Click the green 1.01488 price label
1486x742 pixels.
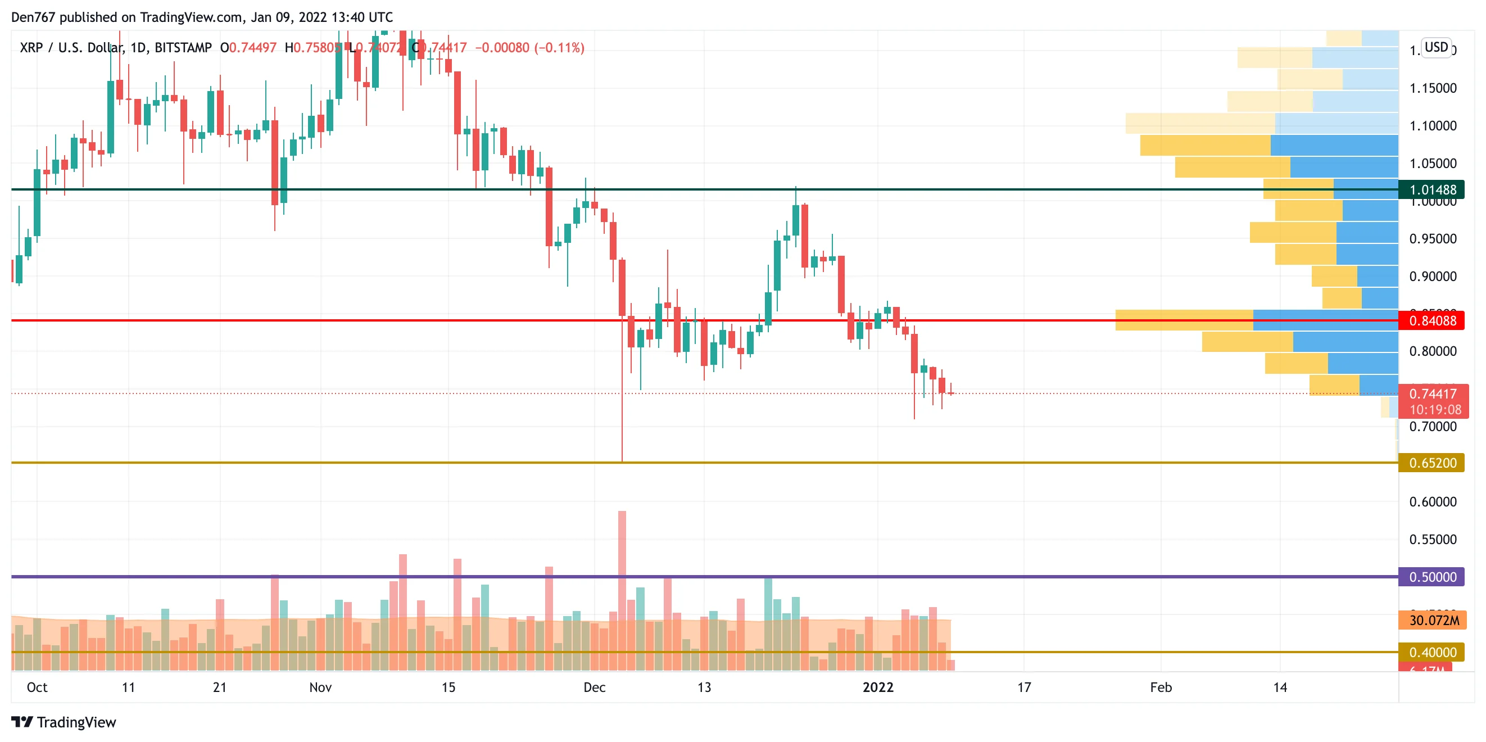(x=1432, y=190)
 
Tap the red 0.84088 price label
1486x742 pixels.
(x=1432, y=321)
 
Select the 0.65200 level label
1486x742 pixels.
(x=1432, y=463)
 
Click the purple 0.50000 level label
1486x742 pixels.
(x=1432, y=577)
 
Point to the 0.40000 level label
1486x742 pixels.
(x=1432, y=653)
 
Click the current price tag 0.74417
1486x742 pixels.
(x=1433, y=394)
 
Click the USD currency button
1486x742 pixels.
(x=1436, y=47)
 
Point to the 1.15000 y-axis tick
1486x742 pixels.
(x=1433, y=88)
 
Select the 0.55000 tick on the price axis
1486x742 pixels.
(x=1433, y=540)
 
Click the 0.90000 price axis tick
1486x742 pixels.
(x=1433, y=277)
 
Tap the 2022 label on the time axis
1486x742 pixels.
(x=877, y=687)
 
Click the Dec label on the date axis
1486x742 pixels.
(x=594, y=687)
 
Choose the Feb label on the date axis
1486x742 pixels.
(x=1161, y=687)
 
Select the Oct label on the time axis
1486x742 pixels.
(x=37, y=687)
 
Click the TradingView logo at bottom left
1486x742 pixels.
(x=64, y=722)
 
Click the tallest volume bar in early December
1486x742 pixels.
(x=622, y=589)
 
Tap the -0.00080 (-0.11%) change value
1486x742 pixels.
(x=529, y=48)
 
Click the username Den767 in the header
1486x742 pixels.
(x=33, y=17)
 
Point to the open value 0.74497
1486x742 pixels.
(x=253, y=48)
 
